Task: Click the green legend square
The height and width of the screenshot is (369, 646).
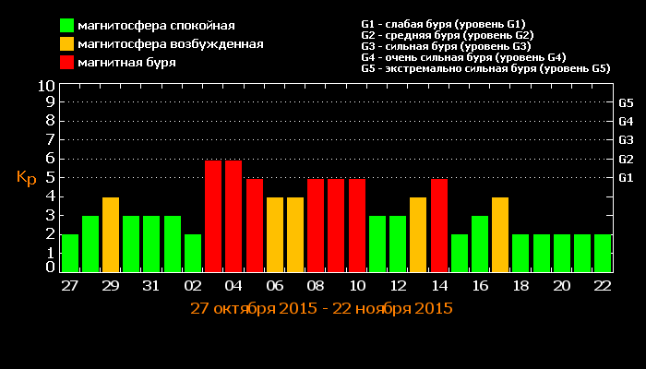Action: (x=67, y=26)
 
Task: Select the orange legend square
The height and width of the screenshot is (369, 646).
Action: (x=67, y=44)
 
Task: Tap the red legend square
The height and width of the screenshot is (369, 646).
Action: (x=67, y=63)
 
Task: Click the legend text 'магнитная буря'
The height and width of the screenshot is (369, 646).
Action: (x=127, y=63)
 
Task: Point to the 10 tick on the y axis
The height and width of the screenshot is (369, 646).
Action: (x=46, y=86)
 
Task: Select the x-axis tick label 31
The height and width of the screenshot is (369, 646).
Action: (x=151, y=286)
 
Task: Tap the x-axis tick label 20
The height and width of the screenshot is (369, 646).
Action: (x=561, y=286)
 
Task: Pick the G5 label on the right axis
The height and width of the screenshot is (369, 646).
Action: (x=626, y=102)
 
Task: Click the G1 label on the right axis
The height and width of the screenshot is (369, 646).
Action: (x=626, y=177)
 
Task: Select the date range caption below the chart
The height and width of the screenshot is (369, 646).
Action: (x=321, y=308)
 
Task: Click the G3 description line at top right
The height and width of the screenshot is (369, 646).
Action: (x=446, y=46)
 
